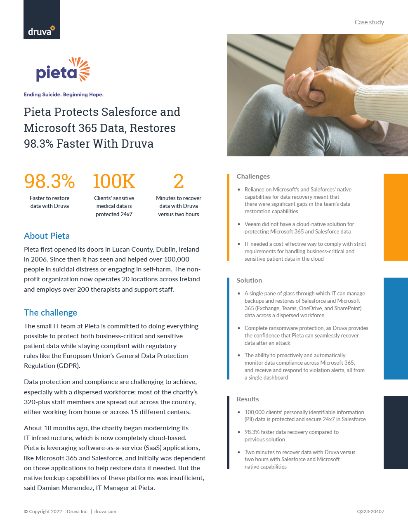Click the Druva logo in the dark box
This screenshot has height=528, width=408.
point(42,31)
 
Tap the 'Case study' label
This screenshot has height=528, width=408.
point(369,22)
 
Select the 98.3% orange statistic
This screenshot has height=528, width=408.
point(50,181)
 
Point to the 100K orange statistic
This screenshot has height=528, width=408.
point(114,181)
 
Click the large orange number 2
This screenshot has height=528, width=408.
point(179,181)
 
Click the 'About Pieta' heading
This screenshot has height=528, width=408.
point(47,236)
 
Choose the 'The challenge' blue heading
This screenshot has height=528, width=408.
point(50,313)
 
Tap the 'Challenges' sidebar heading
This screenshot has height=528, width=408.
point(253,177)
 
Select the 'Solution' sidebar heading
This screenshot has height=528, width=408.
point(249,280)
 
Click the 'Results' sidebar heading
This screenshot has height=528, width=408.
point(248,399)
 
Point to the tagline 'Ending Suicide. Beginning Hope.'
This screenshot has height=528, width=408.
point(64,94)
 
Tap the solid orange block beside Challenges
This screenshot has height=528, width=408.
point(396,217)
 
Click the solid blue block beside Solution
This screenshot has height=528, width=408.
point(396,328)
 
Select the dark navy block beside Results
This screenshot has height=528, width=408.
point(396,432)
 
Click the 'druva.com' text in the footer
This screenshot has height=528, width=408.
point(105,511)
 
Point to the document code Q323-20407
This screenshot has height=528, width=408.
point(370,511)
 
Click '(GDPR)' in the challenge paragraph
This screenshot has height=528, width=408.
point(69,365)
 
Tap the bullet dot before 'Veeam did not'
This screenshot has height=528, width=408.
point(239,224)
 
